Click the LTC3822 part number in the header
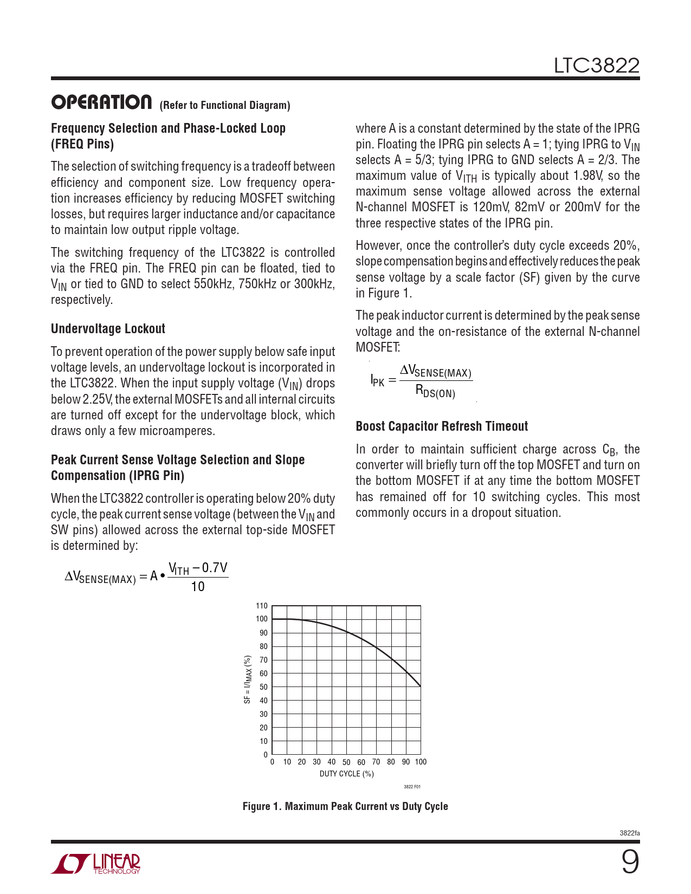click(596, 66)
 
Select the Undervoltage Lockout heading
click(108, 329)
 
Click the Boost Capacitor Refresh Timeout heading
click(442, 426)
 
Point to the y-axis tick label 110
click(262, 606)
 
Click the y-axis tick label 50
click(263, 687)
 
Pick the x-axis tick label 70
click(376, 762)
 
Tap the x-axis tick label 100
click(421, 762)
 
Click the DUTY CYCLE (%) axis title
click(347, 774)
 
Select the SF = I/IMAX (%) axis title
click(248, 679)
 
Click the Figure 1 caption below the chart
click(345, 806)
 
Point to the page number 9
click(630, 861)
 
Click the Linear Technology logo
click(96, 864)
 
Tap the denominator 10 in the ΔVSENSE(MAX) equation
click(198, 587)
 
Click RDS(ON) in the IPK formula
click(435, 391)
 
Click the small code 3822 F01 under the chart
click(412, 787)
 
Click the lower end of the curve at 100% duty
click(420, 686)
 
